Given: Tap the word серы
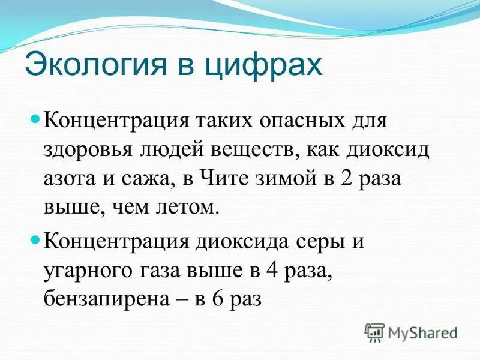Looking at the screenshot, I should tap(324, 243).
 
